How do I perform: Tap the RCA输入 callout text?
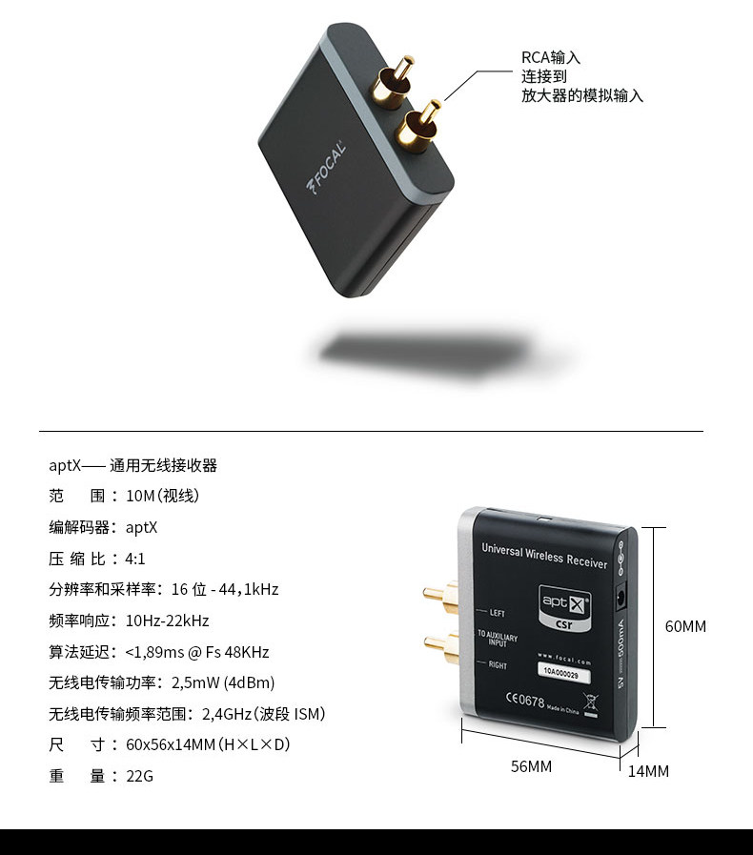(x=550, y=57)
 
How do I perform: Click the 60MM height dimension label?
(x=685, y=626)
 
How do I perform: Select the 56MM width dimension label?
(x=531, y=766)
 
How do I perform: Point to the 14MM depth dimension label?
(x=648, y=771)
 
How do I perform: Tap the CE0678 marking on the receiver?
(x=523, y=700)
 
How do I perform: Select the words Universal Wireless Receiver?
(x=544, y=556)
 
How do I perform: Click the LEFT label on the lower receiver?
(x=496, y=612)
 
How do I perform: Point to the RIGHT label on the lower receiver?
(x=498, y=664)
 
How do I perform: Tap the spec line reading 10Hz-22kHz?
(x=167, y=621)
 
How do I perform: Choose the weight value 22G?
(x=139, y=776)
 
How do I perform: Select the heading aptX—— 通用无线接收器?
(x=133, y=466)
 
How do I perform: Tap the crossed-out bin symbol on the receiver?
(x=591, y=705)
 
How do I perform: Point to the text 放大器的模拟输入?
(x=581, y=95)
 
